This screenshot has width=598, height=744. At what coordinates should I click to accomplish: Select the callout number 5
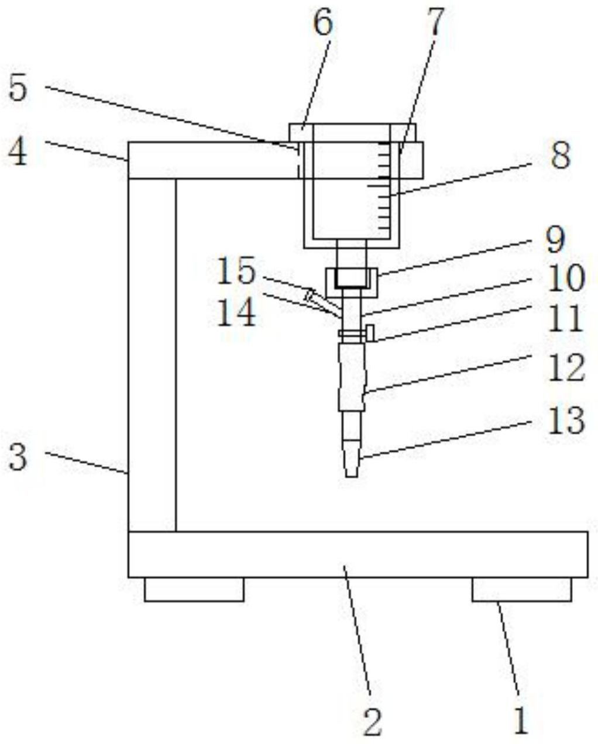[x=18, y=87]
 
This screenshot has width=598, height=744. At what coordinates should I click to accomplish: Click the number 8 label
[x=561, y=156]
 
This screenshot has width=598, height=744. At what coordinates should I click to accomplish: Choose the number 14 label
[x=237, y=313]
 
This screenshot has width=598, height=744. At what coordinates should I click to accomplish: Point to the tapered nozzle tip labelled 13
[x=352, y=458]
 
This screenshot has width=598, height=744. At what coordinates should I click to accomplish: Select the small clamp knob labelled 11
[x=370, y=333]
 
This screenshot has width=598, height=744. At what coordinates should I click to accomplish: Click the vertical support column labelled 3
[x=152, y=355]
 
